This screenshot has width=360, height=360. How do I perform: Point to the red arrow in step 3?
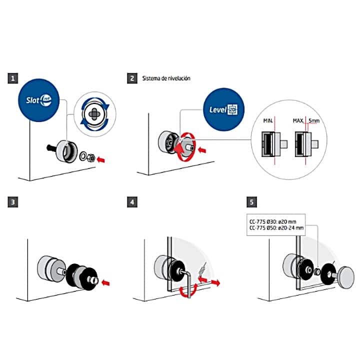pyautogui.click(x=105, y=283)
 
